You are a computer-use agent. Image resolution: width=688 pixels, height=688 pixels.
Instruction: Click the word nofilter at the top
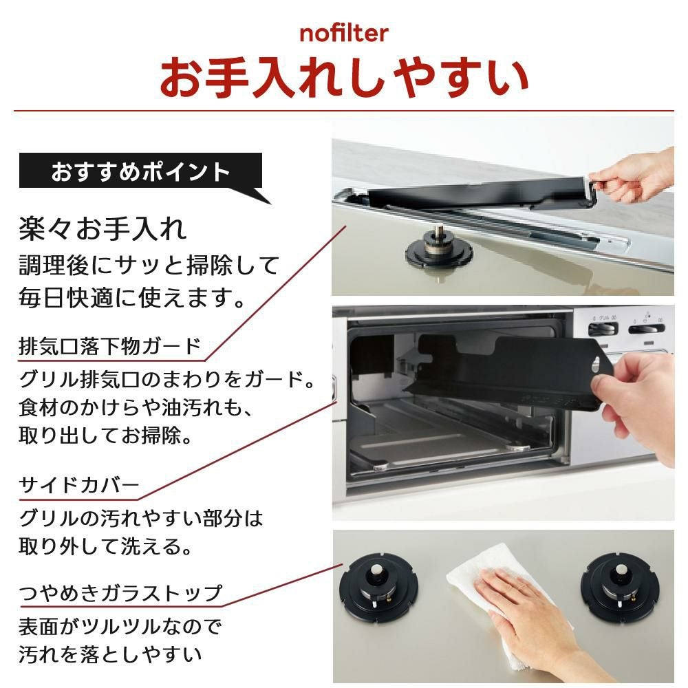click(x=344, y=33)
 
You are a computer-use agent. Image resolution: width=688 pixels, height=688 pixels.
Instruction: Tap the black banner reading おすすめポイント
click(x=140, y=171)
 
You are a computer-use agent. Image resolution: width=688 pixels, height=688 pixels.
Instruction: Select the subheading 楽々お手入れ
click(x=103, y=228)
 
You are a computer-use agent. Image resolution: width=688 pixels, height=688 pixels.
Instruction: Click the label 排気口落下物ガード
click(x=109, y=346)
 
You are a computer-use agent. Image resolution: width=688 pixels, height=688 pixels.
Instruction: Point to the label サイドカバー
click(x=79, y=485)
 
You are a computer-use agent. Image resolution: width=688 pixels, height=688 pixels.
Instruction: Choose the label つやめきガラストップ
click(x=120, y=593)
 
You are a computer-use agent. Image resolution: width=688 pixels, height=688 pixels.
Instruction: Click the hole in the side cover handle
click(x=595, y=363)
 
